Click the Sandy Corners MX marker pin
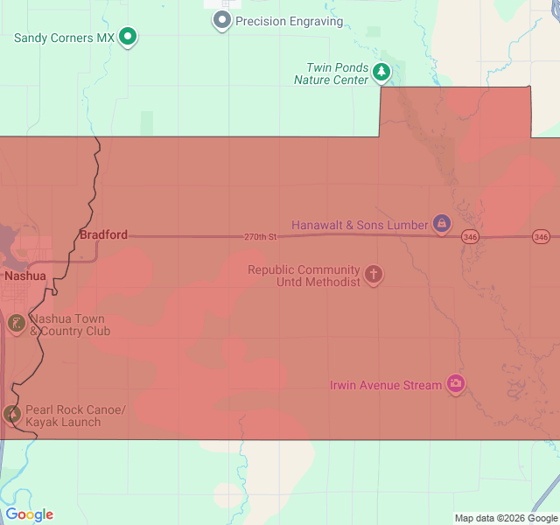click(128, 36)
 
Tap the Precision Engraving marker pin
click(222, 19)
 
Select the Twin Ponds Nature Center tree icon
click(381, 71)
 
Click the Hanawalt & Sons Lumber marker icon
click(442, 224)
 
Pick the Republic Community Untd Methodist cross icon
click(374, 275)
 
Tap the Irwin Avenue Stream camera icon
click(455, 383)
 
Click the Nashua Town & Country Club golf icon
click(16, 324)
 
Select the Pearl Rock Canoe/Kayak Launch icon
click(12, 414)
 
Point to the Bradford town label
click(103, 234)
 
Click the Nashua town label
click(24, 275)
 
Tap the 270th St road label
click(261, 237)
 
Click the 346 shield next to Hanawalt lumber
click(471, 236)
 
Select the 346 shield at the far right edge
click(541, 236)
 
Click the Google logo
click(29, 514)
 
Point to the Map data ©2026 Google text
click(506, 518)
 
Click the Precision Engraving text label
click(290, 21)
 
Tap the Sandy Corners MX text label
click(65, 38)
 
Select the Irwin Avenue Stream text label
click(386, 385)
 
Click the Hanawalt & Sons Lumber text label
click(360, 225)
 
